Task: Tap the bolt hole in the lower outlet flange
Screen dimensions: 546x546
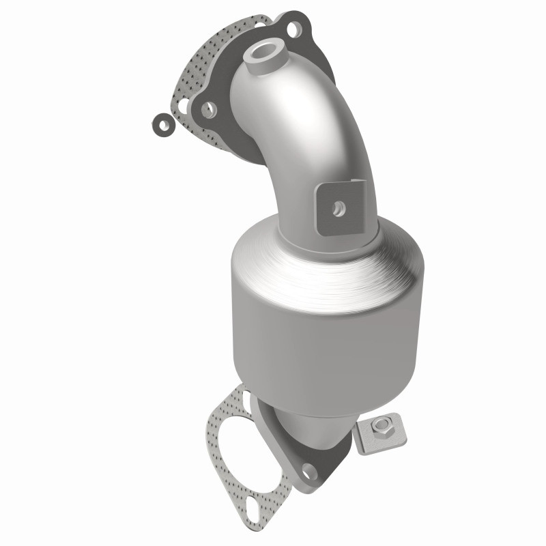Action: [x=311, y=470]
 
